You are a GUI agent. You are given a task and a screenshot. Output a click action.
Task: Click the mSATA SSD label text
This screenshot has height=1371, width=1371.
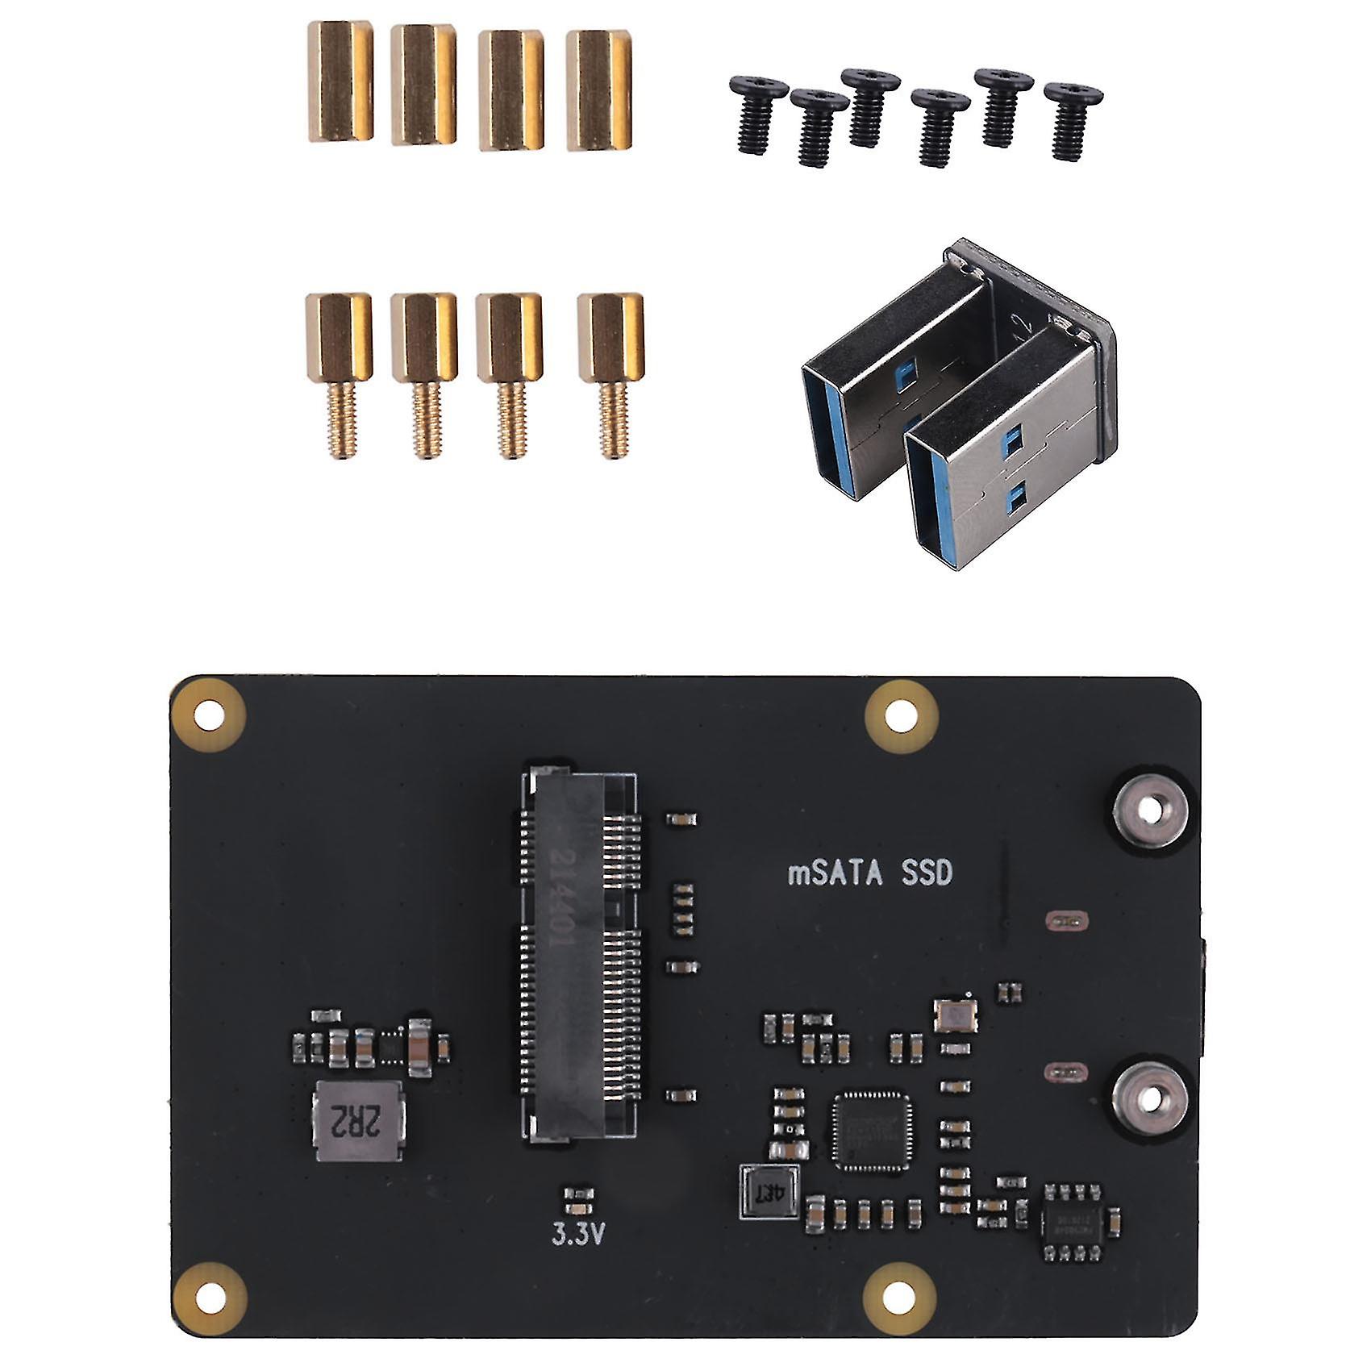(x=869, y=874)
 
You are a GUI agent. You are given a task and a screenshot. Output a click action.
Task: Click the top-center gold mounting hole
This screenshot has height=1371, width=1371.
(x=901, y=715)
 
